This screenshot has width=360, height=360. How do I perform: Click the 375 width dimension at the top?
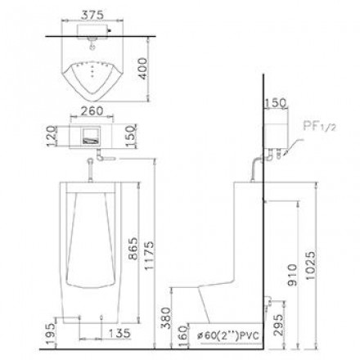pyautogui.click(x=92, y=15)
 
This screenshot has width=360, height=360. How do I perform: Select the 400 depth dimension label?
pyautogui.click(x=142, y=69)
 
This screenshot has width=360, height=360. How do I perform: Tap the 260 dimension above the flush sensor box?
pyautogui.click(x=92, y=110)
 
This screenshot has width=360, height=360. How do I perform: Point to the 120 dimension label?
pyautogui.click(x=52, y=136)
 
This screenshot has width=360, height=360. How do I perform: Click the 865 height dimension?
pyautogui.click(x=133, y=249)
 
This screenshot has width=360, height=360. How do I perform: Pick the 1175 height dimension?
pyautogui.click(x=149, y=255)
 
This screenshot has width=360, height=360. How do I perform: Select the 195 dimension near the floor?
pyautogui.click(x=51, y=334)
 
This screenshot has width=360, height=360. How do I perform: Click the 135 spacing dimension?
pyautogui.click(x=119, y=333)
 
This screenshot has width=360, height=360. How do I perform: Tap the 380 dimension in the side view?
pyautogui.click(x=165, y=318)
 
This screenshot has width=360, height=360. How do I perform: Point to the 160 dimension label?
pyautogui.click(x=184, y=336)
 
